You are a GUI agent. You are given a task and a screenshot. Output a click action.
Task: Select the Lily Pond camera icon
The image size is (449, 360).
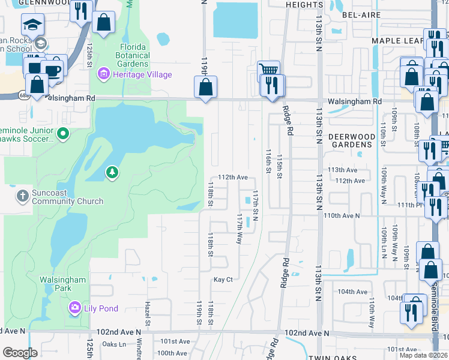tap(75, 308)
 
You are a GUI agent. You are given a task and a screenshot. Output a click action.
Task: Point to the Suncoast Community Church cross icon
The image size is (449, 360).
tap(22, 196)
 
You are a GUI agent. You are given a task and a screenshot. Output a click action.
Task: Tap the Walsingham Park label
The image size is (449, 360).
tap(63, 284)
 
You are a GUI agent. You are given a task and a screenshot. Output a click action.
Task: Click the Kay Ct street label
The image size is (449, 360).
tap(223, 280)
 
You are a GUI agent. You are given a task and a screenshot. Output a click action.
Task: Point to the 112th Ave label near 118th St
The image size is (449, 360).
tap(233, 178)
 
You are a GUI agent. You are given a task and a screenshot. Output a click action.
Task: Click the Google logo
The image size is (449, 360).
tap(20, 352)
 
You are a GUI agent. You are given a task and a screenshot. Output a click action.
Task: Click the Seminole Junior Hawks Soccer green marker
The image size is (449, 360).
tap(65, 133)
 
